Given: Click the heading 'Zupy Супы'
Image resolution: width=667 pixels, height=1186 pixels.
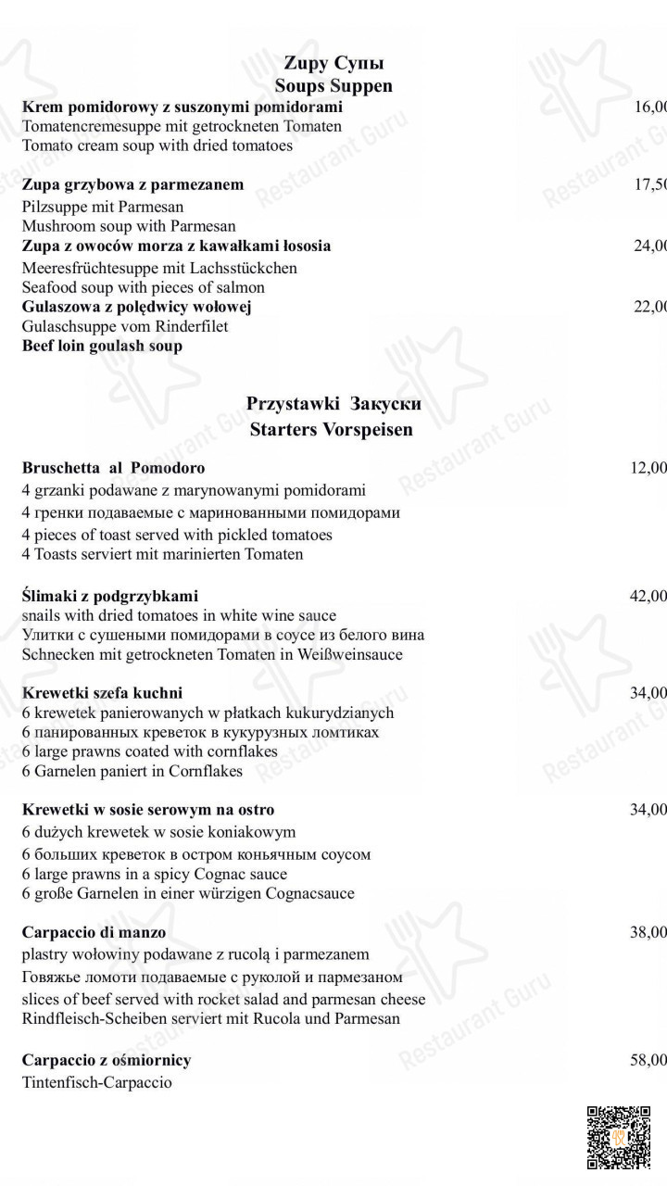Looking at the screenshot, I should [x=333, y=64].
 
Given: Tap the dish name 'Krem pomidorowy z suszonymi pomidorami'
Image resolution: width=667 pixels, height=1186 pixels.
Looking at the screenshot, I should [x=182, y=107].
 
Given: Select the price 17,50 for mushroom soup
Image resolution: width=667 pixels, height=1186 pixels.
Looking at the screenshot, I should [x=650, y=184].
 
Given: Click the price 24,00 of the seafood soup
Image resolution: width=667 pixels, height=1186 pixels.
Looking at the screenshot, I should [x=650, y=246].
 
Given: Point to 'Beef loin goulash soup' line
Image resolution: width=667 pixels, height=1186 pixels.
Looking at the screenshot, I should [x=102, y=346].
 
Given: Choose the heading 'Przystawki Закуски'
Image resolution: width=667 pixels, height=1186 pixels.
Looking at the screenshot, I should [x=333, y=404].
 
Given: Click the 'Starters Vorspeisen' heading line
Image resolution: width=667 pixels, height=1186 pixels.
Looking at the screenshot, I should [x=331, y=430].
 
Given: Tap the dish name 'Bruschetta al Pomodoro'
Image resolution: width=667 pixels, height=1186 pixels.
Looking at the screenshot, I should [x=113, y=468].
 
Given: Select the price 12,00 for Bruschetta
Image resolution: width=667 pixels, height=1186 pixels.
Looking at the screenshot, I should [x=648, y=468].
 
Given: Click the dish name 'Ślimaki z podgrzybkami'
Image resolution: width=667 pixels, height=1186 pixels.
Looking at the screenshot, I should [x=110, y=596].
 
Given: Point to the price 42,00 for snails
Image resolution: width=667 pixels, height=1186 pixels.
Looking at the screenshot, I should [x=648, y=596].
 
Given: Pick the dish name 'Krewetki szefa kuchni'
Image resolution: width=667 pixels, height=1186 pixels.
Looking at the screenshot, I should [x=102, y=692].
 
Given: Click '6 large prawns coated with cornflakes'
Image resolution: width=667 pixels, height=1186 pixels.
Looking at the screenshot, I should [x=150, y=751].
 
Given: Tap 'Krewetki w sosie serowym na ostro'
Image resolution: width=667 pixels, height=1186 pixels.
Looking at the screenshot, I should [x=148, y=810].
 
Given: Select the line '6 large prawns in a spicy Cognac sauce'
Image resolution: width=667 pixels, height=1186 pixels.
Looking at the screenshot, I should [x=155, y=874].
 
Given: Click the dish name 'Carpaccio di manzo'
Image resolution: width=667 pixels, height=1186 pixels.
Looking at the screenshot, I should [x=94, y=932].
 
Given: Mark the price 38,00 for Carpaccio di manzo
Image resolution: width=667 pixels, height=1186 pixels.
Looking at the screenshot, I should [x=648, y=932].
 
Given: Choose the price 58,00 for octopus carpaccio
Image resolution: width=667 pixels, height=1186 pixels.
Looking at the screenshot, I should [x=648, y=1060].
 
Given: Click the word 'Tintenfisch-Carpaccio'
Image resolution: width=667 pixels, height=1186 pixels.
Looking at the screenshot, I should [x=96, y=1082].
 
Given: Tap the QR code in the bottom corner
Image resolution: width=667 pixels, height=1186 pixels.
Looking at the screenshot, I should [x=618, y=1138].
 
